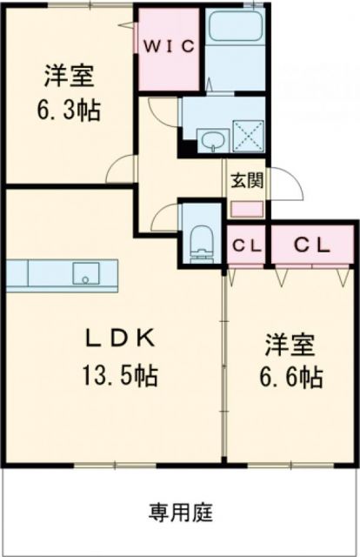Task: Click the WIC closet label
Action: click(x=170, y=45)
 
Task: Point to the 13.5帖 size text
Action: click(x=121, y=376)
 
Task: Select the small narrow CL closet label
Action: click(x=247, y=245)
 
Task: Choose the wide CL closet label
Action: click(x=310, y=245)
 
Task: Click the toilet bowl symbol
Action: click(x=201, y=239)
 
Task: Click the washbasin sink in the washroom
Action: click(x=210, y=139)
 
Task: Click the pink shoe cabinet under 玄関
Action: click(x=245, y=209)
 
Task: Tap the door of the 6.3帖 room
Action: click(x=127, y=169)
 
